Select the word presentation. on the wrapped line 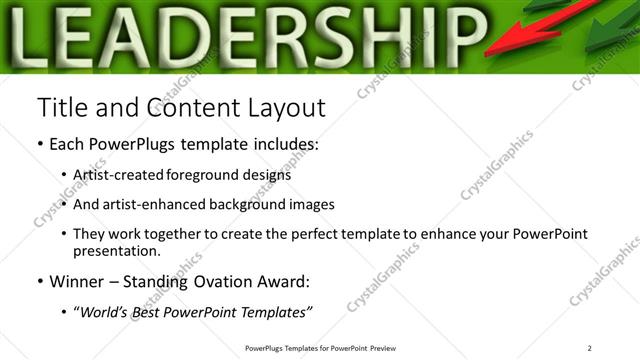117,251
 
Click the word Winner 77,281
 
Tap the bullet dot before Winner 40,281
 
